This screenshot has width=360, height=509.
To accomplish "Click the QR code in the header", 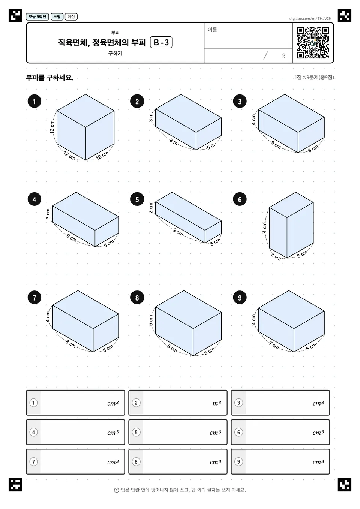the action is pos(313,43).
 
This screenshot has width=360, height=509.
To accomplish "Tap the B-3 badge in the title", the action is pos(161,42).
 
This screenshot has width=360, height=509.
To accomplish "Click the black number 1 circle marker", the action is pos(34,101).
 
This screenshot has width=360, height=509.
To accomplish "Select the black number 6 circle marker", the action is pos(240,199).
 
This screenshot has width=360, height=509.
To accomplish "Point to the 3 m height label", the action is pos(151,117).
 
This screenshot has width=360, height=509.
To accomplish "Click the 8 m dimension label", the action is pos(173,142).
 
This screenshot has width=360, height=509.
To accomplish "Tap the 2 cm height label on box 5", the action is pos(150,208).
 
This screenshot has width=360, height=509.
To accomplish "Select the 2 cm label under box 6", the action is pos(276,256).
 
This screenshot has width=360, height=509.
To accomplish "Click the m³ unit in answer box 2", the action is pos(217,403).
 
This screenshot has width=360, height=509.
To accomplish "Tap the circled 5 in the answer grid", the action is pos(136,432).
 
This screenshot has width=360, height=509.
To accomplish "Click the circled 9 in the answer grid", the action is pos(238,461).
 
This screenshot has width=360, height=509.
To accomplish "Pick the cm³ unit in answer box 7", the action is pos(113,462).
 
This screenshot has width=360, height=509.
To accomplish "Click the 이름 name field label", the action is pos(212,30).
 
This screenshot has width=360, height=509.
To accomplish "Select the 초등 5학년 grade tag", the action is pos(37,16).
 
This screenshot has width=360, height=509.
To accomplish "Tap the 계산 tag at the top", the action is pos(71,16).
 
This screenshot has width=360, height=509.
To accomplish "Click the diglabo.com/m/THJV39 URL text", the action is pos(310,19).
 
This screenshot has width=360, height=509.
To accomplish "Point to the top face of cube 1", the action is pos(85,111).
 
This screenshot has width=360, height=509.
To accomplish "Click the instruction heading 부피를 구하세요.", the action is pos(49,78).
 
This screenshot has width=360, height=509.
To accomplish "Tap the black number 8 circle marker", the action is pos(137,298).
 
